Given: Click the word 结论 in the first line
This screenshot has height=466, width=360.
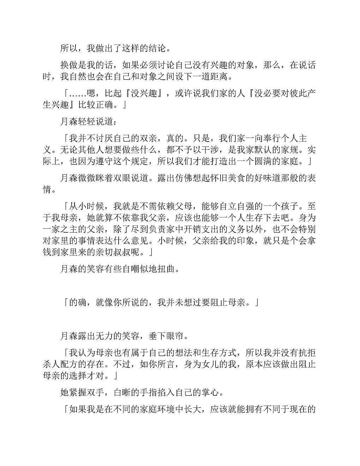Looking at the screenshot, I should (153, 48).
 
